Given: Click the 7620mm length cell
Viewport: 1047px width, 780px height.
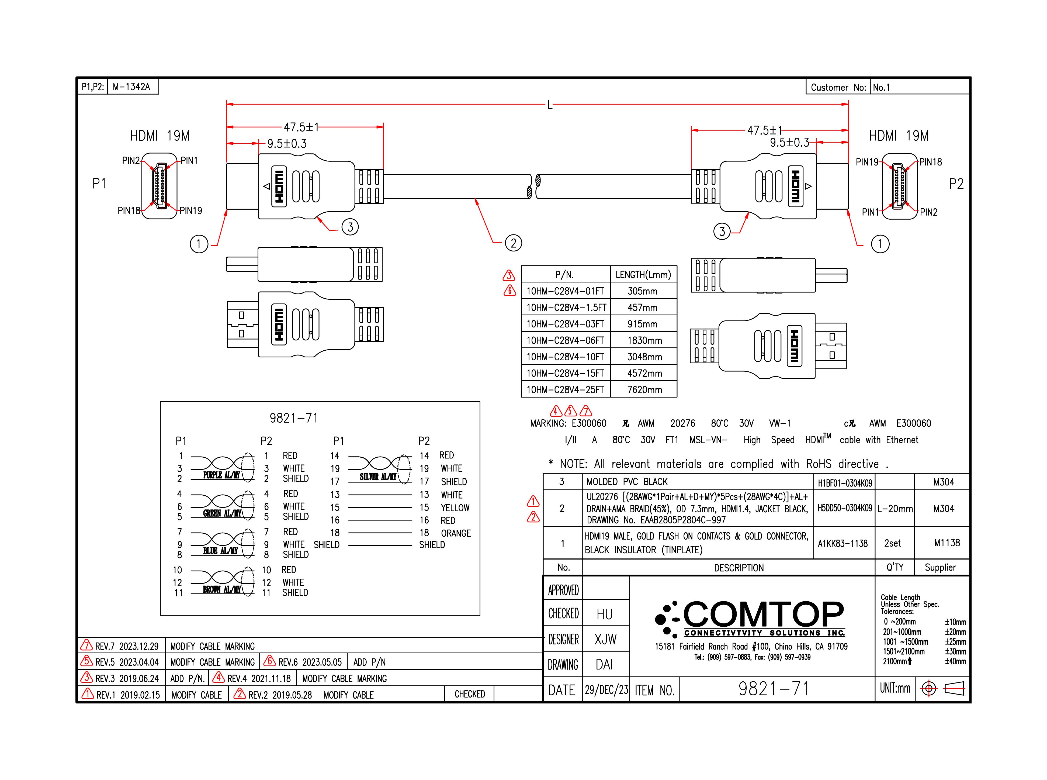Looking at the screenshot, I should (x=644, y=389).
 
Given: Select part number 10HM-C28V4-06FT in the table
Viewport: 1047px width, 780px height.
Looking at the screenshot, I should (x=565, y=340).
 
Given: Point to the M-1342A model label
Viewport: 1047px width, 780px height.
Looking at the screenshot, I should (x=131, y=87).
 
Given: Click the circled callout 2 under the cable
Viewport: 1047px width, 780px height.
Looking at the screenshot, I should (x=513, y=243).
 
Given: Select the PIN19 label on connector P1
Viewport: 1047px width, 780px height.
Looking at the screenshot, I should (x=191, y=210).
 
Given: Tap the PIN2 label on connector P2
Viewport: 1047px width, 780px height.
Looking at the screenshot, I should (x=928, y=212).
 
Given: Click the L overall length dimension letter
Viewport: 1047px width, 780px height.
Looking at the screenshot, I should (x=549, y=105).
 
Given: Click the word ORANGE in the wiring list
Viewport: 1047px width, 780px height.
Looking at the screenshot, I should (x=456, y=533).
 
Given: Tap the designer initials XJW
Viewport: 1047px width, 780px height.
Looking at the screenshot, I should (x=605, y=639).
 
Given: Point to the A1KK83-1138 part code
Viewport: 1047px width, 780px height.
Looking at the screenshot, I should (x=843, y=543).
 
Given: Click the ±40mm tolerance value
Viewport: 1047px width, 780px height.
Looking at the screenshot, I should (x=955, y=661).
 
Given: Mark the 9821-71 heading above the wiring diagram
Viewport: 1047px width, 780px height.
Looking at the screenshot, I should (x=294, y=418).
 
